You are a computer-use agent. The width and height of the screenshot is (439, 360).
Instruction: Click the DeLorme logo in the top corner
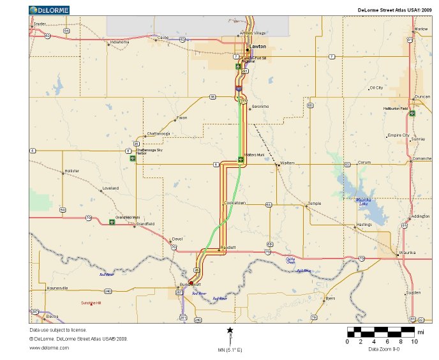point(50,10)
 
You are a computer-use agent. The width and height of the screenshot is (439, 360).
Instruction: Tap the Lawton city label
point(258,47)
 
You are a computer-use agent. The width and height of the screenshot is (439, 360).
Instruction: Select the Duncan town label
point(422,97)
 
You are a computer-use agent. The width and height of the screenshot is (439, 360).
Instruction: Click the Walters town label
point(287,163)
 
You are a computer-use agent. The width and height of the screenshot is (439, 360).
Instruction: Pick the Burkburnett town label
point(190,285)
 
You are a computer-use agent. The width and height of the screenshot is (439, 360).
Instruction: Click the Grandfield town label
point(145,223)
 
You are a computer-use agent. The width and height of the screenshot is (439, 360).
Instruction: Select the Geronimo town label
point(260,106)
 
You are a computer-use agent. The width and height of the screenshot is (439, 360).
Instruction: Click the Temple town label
point(315,204)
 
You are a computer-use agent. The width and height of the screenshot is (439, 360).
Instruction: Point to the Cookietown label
point(234,203)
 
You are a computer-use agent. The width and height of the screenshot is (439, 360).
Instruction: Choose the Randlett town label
point(228,248)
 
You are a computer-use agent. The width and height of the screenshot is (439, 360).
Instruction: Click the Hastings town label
point(364,225)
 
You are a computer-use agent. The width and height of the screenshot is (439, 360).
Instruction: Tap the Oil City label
point(376,87)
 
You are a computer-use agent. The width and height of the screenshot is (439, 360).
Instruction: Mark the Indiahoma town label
point(119,42)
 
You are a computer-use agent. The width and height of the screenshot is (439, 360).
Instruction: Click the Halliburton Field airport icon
point(413,114)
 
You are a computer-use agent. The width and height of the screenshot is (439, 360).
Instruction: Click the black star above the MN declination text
point(230,330)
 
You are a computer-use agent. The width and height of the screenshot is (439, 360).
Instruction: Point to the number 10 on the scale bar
point(414,341)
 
